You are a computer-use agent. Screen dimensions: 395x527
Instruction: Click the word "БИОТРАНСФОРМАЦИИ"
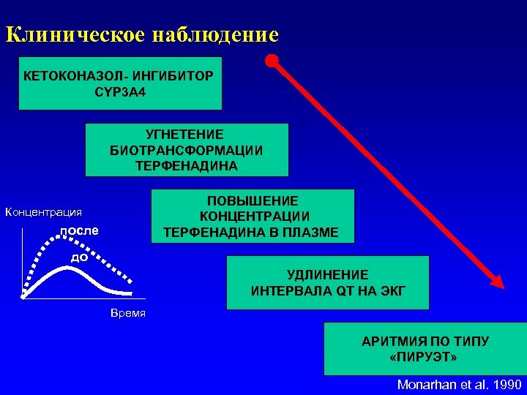(x=187, y=150)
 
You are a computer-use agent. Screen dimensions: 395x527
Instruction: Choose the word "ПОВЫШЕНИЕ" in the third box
(x=253, y=200)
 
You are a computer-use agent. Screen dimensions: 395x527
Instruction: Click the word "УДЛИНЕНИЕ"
(x=328, y=274)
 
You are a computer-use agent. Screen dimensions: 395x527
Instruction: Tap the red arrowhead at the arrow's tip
(x=497, y=282)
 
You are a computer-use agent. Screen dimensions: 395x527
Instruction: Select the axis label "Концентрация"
(x=43, y=212)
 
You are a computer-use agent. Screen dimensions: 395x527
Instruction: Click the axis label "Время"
(x=127, y=313)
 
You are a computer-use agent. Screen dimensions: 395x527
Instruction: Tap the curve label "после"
(x=78, y=231)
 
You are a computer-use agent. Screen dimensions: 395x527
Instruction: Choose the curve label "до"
(x=79, y=257)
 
